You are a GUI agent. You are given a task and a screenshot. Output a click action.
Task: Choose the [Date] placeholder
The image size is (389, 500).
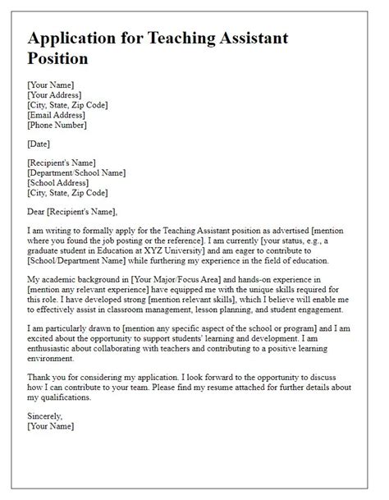pos(40,144)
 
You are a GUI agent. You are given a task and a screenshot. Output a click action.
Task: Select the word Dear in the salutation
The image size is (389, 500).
pos(38,212)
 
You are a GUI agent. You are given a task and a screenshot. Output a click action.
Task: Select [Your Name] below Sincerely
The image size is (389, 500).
pos(51,426)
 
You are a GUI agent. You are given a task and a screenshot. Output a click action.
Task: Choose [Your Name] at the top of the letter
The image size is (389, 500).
pos(51,84)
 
